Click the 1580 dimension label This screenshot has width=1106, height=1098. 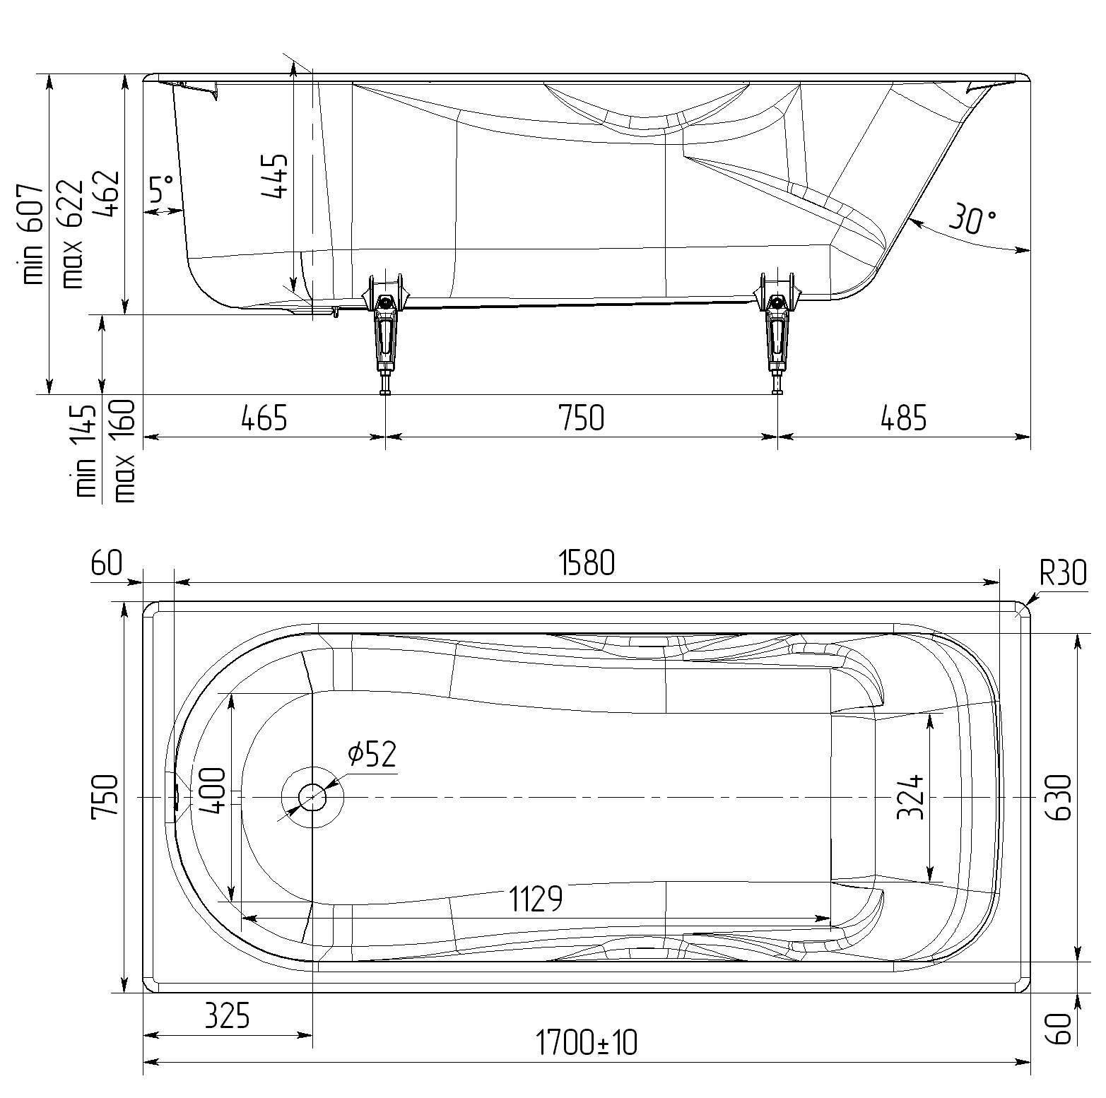[x=587, y=564]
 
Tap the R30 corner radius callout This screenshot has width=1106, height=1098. [x=1063, y=574]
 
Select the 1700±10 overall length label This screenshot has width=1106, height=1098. [x=586, y=1041]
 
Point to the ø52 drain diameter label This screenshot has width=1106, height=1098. [x=372, y=754]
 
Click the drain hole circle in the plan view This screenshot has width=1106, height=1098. [x=312, y=798]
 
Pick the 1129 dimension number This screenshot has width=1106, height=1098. [x=536, y=899]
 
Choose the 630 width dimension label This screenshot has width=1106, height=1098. [x=1060, y=797]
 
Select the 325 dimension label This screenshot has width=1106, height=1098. [x=228, y=1017]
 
